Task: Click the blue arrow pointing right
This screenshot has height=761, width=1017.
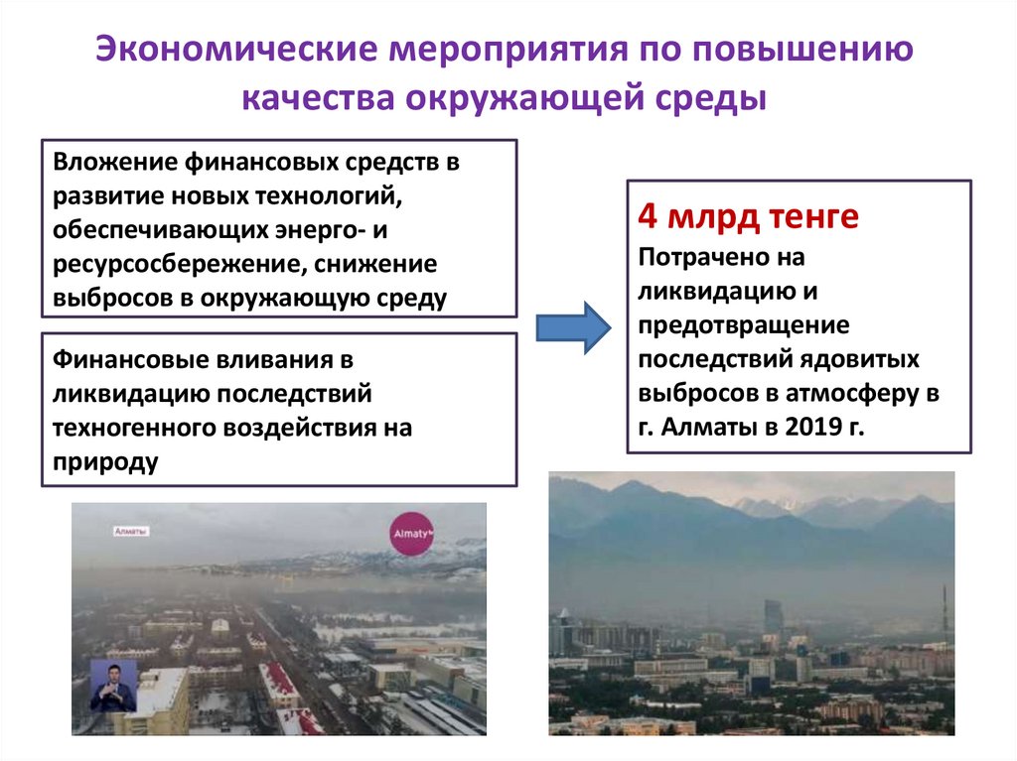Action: (575, 327)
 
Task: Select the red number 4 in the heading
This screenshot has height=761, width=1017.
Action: (647, 216)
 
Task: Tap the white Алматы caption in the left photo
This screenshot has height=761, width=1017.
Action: (131, 532)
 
